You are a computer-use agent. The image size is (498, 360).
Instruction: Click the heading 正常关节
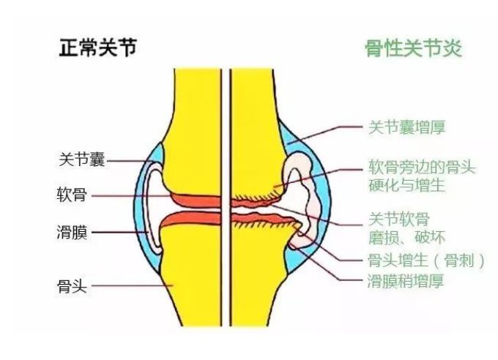97,48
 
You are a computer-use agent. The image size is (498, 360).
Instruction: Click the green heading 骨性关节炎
413,48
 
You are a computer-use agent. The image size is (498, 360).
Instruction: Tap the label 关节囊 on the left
81,160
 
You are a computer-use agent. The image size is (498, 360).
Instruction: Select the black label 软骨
72,196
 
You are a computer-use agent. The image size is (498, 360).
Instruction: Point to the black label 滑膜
72,233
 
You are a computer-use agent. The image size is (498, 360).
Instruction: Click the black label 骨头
72,285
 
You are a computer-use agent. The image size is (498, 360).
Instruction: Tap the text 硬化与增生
408,186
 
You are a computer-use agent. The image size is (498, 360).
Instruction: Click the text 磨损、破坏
405,237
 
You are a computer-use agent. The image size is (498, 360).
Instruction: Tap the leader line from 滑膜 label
121,233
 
